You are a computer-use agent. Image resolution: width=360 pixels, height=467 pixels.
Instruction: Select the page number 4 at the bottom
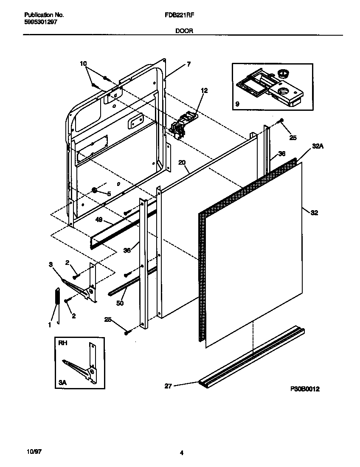pyautogui.click(x=181, y=453)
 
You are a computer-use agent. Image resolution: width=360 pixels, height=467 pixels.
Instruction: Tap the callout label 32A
pyautogui.click(x=318, y=146)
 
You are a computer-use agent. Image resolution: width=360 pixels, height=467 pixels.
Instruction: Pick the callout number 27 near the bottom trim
pyautogui.click(x=169, y=386)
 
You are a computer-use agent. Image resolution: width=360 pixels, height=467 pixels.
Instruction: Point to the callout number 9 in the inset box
pyautogui.click(x=237, y=103)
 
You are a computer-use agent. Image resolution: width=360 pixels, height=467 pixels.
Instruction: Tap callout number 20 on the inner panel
pyautogui.click(x=182, y=163)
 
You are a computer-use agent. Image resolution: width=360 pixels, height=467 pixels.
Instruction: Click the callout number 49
pyautogui.click(x=99, y=219)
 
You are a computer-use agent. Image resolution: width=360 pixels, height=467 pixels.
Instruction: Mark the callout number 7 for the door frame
pyautogui.click(x=188, y=65)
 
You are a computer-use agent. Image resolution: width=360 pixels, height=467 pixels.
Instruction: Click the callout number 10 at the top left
pyautogui.click(x=83, y=64)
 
